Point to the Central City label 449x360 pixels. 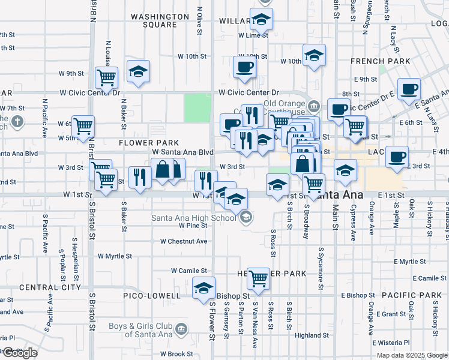[x=50, y=287]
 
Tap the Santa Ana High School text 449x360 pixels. [x=193, y=218]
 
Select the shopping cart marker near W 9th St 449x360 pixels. [x=106, y=76]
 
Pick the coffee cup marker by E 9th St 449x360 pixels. [x=409, y=88]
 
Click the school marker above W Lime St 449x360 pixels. [x=261, y=19]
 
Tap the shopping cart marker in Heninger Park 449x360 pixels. [x=258, y=278]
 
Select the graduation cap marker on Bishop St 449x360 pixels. [x=204, y=287]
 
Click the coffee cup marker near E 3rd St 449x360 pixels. [x=396, y=157]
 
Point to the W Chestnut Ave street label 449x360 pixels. [x=184, y=241]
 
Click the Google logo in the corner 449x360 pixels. [x=20, y=353]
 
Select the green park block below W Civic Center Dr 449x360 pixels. [x=197, y=107]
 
